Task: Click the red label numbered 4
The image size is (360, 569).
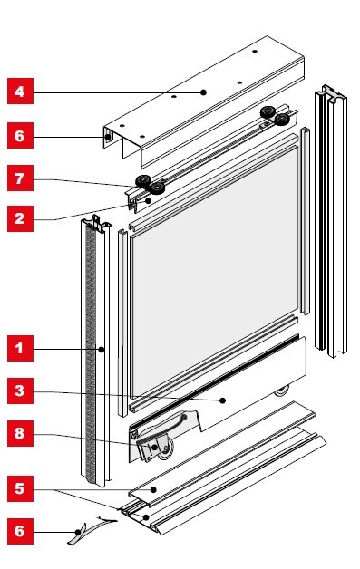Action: pyautogui.click(x=20, y=92)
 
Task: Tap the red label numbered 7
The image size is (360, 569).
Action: pyautogui.click(x=20, y=178)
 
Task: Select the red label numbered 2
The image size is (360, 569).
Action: pyautogui.click(x=20, y=219)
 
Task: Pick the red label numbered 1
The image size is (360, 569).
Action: pyautogui.click(x=20, y=348)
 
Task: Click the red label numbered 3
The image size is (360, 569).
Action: pyautogui.click(x=20, y=391)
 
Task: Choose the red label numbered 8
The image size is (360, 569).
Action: pyautogui.click(x=20, y=433)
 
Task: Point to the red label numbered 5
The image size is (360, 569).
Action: pyautogui.click(x=20, y=488)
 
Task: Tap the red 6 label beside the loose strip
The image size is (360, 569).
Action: pyautogui.click(x=20, y=531)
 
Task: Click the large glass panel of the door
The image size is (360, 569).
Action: pyautogui.click(x=214, y=268)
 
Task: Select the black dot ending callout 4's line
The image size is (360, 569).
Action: pyautogui.click(x=203, y=92)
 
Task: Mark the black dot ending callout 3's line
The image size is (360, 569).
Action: pyautogui.click(x=223, y=400)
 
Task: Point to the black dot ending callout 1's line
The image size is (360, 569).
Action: pyautogui.click(x=102, y=350)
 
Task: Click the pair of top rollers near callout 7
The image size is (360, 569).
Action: pyautogui.click(x=151, y=184)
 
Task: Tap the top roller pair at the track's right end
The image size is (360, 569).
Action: pyautogui.click(x=275, y=115)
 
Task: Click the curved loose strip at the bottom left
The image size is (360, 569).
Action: pyautogui.click(x=91, y=531)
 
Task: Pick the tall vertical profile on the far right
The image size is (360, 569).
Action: pyautogui.click(x=331, y=221)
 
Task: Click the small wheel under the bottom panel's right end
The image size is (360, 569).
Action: pyautogui.click(x=282, y=391)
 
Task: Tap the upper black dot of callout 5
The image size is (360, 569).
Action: pyautogui.click(x=153, y=490)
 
